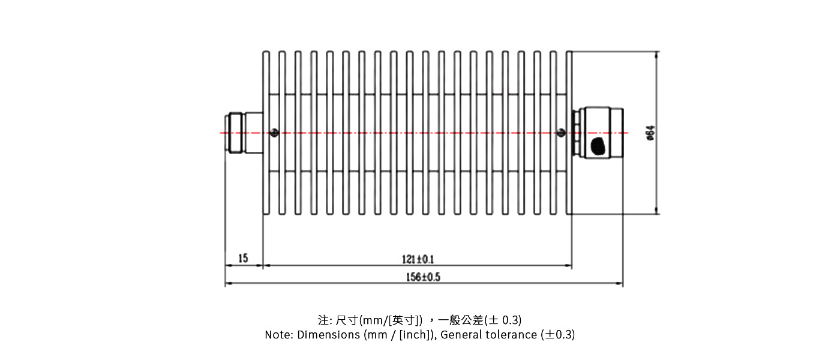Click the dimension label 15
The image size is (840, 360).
(243, 259)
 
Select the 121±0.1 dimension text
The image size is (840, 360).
(418, 259)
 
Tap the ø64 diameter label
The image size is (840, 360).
(649, 133)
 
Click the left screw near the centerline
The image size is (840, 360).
(274, 133)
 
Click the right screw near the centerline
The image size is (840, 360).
(562, 133)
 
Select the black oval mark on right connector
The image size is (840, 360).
(598, 146)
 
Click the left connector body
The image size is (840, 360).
(244, 133)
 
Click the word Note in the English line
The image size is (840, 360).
(278, 335)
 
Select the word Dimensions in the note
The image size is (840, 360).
(328, 335)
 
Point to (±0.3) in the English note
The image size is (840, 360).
(557, 335)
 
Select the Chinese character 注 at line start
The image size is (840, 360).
(323, 319)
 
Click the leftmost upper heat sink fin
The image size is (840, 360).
(266, 72)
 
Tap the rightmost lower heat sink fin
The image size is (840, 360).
(569, 193)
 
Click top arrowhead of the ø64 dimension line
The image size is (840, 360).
(656, 55)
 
